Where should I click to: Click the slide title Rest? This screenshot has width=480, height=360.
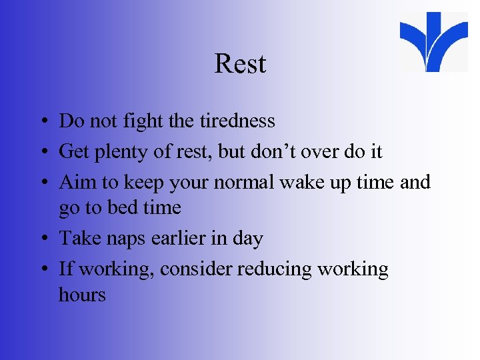click(x=240, y=64)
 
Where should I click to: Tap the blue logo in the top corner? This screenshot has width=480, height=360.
click(x=434, y=41)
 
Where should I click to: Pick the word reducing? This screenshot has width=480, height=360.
click(x=274, y=269)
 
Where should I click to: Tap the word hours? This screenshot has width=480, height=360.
click(x=82, y=295)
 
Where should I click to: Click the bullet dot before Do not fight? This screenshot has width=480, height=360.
click(x=41, y=122)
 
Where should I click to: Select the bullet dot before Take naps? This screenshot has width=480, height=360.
click(x=41, y=239)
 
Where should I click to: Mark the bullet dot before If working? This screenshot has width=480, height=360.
click(x=41, y=270)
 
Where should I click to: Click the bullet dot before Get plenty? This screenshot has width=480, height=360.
click(x=41, y=153)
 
